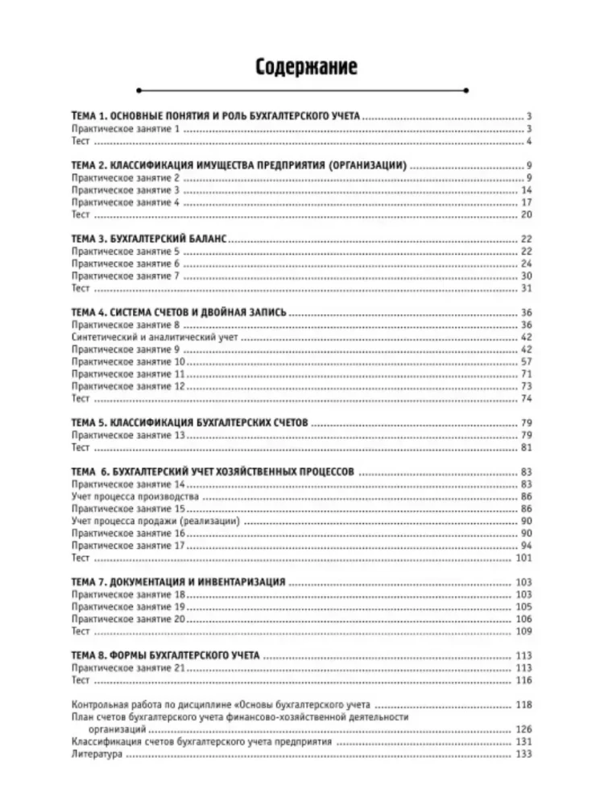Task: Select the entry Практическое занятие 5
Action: click(x=124, y=251)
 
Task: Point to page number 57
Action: click(x=527, y=363)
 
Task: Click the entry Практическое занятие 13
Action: click(x=127, y=435)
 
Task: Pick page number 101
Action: click(x=524, y=557)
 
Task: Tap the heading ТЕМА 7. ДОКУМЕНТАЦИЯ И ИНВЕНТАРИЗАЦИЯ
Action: click(x=179, y=582)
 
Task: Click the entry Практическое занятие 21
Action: click(x=127, y=668)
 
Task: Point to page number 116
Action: click(x=524, y=680)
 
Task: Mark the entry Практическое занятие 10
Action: click(x=127, y=363)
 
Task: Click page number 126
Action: click(x=524, y=729)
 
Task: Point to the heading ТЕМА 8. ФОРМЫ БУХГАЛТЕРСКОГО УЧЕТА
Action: click(x=165, y=656)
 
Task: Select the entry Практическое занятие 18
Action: click(x=127, y=594)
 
